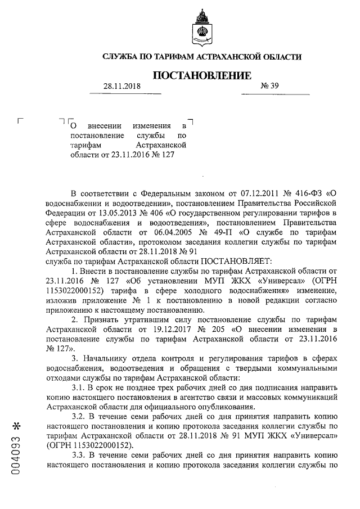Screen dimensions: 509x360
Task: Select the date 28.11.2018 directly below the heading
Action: [121, 87]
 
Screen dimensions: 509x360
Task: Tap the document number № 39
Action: [270, 86]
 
